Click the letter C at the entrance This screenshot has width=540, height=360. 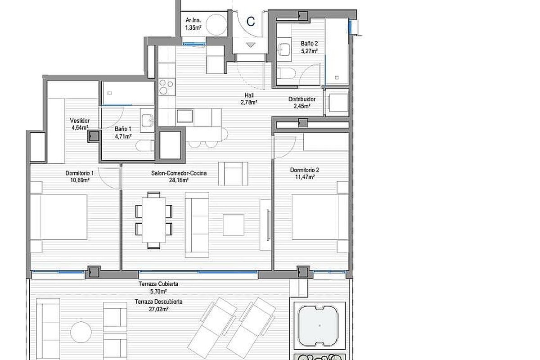click(251, 22)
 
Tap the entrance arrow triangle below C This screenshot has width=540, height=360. click(251, 45)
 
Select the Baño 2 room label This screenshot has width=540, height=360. click(309, 47)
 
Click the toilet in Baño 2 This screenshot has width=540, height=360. click(286, 73)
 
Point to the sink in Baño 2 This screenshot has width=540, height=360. click(284, 49)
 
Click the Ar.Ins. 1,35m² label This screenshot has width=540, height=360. click(193, 24)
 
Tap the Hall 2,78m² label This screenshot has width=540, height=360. click(249, 99)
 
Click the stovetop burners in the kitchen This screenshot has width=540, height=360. click(166, 87)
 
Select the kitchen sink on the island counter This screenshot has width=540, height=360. click(185, 116)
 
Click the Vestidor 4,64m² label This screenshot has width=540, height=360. click(80, 124)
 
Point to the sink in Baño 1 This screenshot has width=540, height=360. click(147, 121)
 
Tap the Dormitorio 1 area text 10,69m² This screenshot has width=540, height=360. click(80, 180)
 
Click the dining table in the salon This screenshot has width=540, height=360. click(154, 220)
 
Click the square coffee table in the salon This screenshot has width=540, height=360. click(234, 225)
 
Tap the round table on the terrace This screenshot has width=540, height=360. click(81, 332)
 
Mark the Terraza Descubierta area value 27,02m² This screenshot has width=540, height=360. click(158, 309)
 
